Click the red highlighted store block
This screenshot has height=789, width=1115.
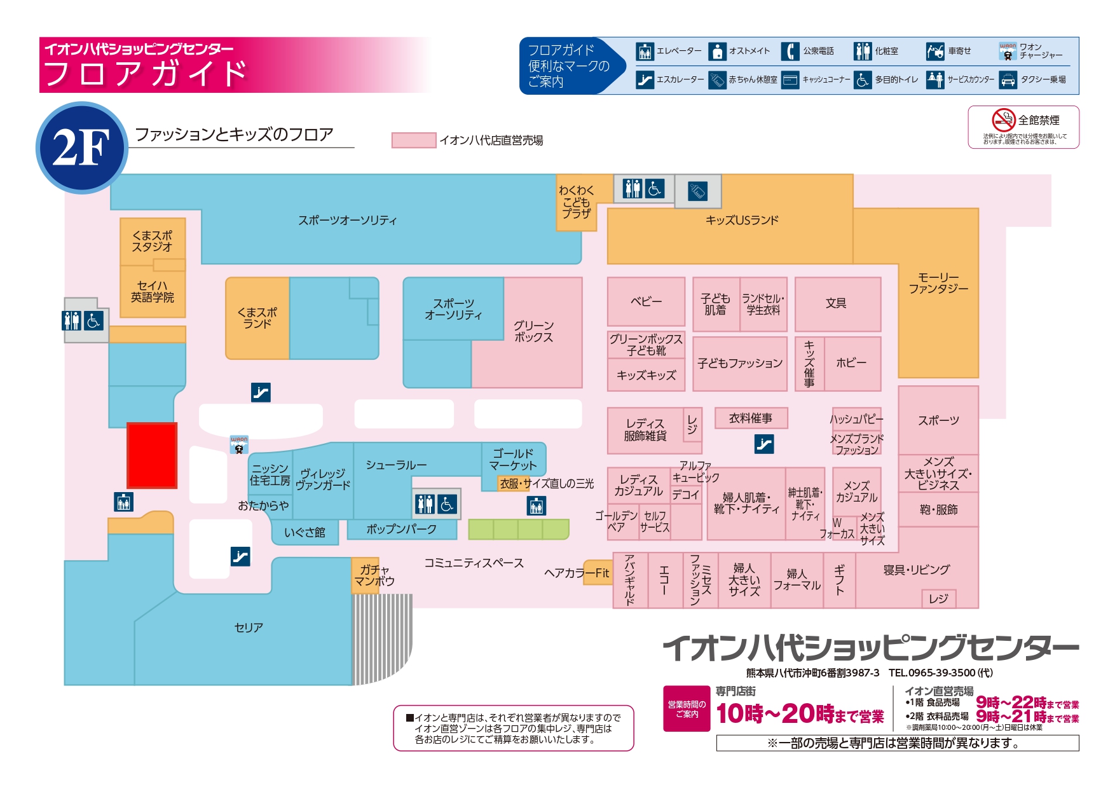152,455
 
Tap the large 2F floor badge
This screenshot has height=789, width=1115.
82,148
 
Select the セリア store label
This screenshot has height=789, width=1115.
249,628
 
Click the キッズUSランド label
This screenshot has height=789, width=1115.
742,221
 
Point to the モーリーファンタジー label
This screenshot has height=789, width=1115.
938,283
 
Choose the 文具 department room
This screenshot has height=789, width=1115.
837,304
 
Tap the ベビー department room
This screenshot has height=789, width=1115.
646,301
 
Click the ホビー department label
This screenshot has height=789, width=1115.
851,363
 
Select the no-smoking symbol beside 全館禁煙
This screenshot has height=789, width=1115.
1003,120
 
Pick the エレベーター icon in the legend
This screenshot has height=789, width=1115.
645,51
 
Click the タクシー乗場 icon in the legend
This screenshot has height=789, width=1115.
1008,80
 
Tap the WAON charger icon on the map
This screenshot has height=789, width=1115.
239,444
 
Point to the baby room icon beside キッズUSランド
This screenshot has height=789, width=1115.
697,191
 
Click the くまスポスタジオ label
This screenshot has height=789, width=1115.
152,241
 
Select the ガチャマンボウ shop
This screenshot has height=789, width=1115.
374,575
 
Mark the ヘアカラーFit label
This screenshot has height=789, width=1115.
577,573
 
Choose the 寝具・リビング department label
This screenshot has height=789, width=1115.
916,570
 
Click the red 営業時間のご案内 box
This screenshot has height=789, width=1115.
687,708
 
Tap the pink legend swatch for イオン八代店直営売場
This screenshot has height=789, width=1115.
414,141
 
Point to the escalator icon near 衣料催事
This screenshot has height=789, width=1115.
764,444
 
